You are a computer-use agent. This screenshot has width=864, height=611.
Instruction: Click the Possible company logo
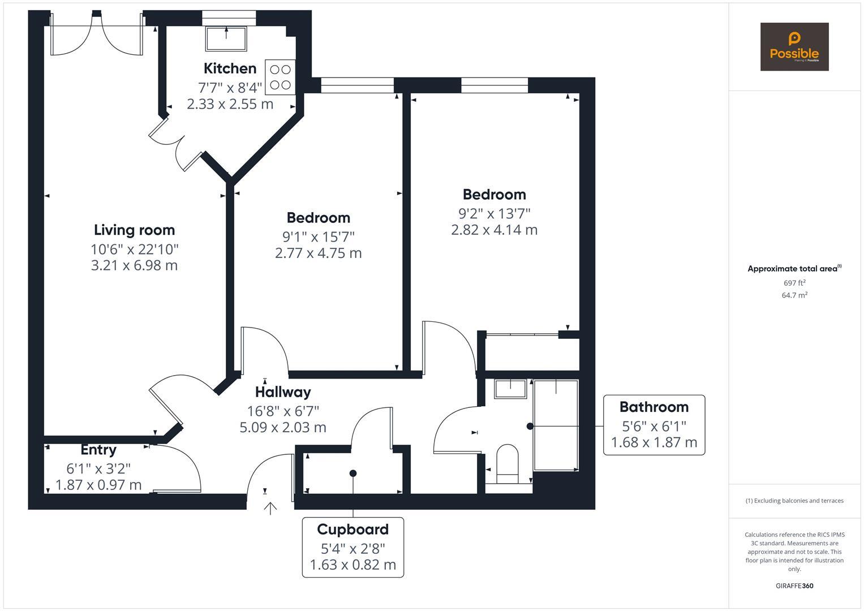point(794,46)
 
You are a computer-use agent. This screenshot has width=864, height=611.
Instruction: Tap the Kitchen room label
point(230,68)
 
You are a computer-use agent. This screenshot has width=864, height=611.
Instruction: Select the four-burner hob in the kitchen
point(280,78)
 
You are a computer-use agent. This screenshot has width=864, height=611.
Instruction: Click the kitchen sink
point(226,38)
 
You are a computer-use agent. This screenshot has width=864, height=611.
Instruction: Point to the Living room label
point(134,230)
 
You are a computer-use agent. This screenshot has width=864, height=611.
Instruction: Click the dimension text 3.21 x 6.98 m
point(134,265)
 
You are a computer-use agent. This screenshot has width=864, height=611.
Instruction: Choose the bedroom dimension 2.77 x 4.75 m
point(318,253)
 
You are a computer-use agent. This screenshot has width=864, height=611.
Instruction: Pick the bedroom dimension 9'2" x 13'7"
point(494,213)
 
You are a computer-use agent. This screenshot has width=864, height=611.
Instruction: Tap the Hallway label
point(282,391)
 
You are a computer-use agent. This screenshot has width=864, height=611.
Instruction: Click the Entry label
point(98,450)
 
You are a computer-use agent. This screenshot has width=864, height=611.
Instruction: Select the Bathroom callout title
point(654,407)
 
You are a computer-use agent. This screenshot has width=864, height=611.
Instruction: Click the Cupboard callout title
point(353,530)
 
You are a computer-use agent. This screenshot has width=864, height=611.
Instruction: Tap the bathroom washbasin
point(510,389)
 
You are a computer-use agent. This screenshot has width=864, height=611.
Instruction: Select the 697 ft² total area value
point(794,283)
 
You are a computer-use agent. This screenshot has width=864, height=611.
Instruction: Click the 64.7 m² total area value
point(794,295)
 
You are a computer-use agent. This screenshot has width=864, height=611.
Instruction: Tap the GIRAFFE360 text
point(794,586)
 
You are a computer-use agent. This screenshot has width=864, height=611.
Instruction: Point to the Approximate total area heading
point(794,269)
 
